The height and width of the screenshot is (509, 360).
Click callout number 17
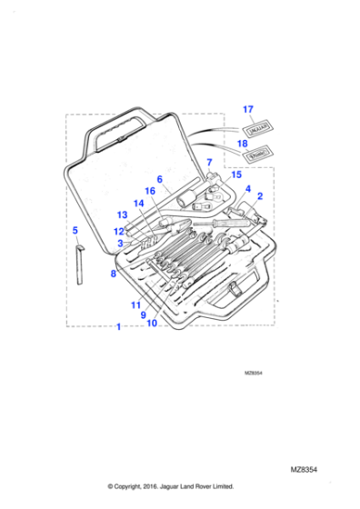click(x=248, y=110)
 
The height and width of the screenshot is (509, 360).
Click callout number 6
click(x=158, y=179)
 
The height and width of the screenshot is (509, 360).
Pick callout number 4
click(x=247, y=188)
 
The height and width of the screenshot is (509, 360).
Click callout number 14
click(x=138, y=204)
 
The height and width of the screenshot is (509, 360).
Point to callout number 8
click(x=114, y=272)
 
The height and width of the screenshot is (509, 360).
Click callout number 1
click(x=117, y=325)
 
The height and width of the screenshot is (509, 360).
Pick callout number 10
click(x=152, y=323)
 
